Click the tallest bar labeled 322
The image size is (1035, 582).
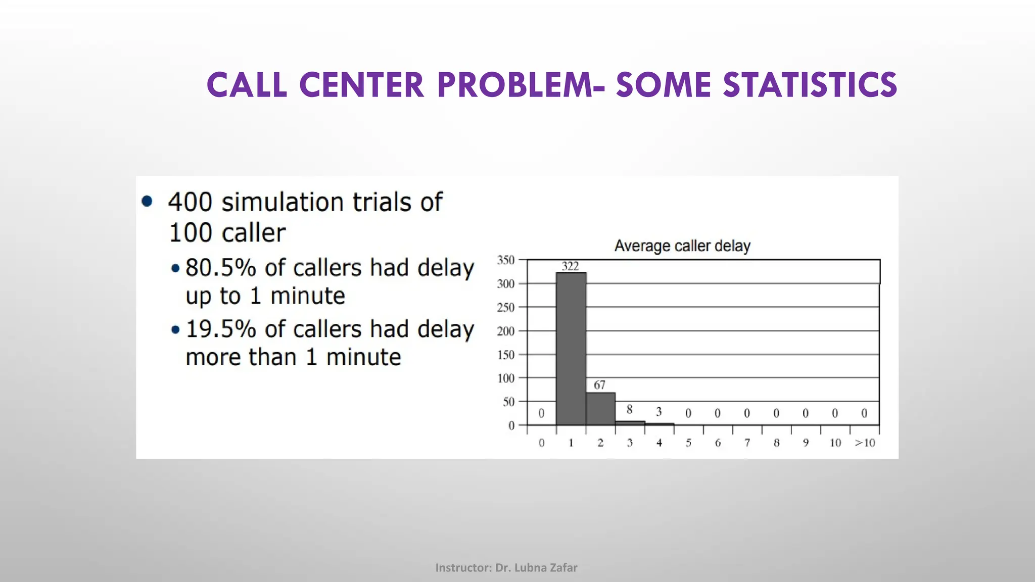pyautogui.click(x=571, y=349)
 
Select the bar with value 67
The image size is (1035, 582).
pyautogui.click(x=600, y=409)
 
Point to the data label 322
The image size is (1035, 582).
pyautogui.click(x=570, y=266)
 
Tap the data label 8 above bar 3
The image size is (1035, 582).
pyautogui.click(x=629, y=410)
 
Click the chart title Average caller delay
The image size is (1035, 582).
pyautogui.click(x=682, y=246)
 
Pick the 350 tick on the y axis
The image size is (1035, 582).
pyautogui.click(x=505, y=260)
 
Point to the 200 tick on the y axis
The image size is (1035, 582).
pyautogui.click(x=505, y=331)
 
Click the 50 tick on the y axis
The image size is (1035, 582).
pyautogui.click(x=508, y=402)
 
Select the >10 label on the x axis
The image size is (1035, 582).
pyautogui.click(x=865, y=443)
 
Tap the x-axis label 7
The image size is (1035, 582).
pyautogui.click(x=747, y=443)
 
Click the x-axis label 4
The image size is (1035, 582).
pyautogui.click(x=659, y=443)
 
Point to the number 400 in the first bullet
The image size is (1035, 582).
pyautogui.click(x=190, y=202)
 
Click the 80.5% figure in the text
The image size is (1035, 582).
pyautogui.click(x=221, y=268)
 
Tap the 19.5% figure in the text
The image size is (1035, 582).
pyautogui.click(x=221, y=329)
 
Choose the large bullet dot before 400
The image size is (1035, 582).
pyautogui.click(x=147, y=202)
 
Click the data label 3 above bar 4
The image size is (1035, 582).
pyautogui.click(x=658, y=412)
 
